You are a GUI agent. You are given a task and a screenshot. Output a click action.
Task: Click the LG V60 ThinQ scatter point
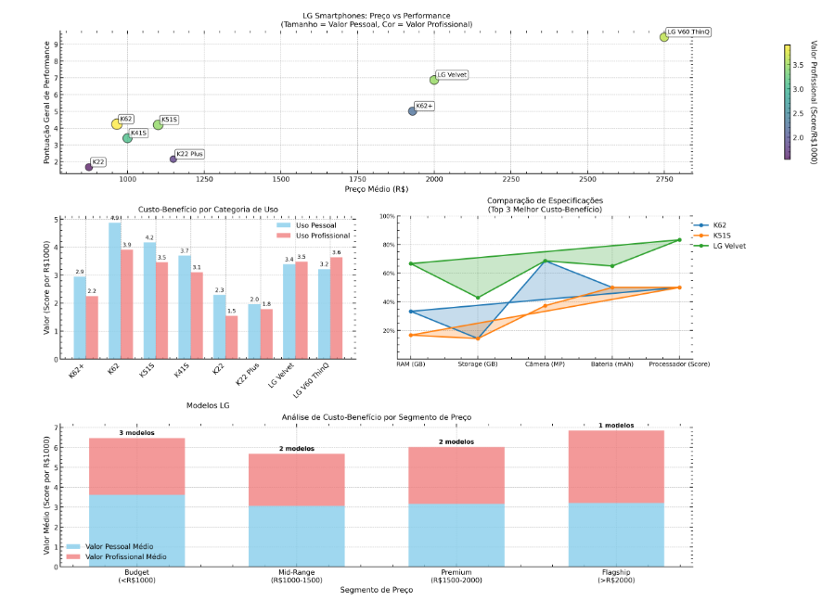tap(664, 37)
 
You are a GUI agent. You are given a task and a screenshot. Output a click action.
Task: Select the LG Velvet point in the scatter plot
tap(434, 80)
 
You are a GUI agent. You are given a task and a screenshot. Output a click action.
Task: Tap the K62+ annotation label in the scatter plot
tap(424, 106)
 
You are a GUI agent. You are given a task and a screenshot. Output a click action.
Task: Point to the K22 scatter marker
tap(89, 167)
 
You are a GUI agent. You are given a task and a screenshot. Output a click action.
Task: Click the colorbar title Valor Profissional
tap(814, 102)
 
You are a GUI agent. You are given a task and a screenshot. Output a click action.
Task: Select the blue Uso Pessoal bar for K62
tap(115, 290)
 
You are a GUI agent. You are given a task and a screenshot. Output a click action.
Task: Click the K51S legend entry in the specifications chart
tap(726, 236)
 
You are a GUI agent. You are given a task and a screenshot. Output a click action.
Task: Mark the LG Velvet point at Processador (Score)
tap(679, 240)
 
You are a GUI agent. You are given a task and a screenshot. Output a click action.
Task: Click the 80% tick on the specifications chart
tap(388, 245)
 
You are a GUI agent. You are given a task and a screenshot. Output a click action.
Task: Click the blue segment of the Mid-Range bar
tap(296, 535)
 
